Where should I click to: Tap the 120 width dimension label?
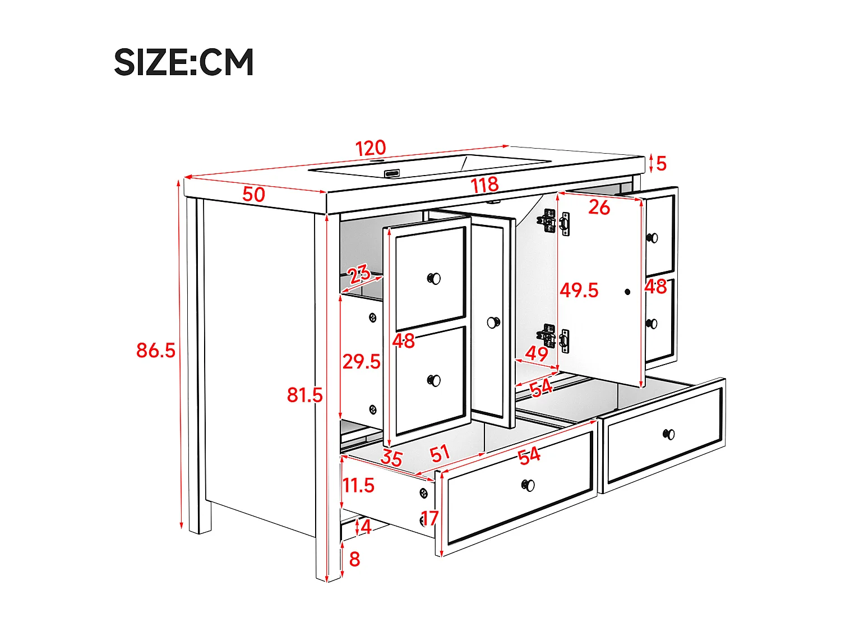371,148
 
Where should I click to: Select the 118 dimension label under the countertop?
484,185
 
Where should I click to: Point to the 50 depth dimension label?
253,195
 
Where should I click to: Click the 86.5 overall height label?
155,351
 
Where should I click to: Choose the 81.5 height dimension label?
304,395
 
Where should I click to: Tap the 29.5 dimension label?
361,362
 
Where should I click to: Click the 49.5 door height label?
579,291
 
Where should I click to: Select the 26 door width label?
599,208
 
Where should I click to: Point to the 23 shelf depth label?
359,274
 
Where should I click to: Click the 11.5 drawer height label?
358,485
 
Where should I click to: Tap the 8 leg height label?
354,559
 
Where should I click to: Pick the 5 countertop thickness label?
662,164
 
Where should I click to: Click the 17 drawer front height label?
429,518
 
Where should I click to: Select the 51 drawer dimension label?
440,453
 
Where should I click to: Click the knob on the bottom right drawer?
669,434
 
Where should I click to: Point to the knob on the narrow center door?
493,323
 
